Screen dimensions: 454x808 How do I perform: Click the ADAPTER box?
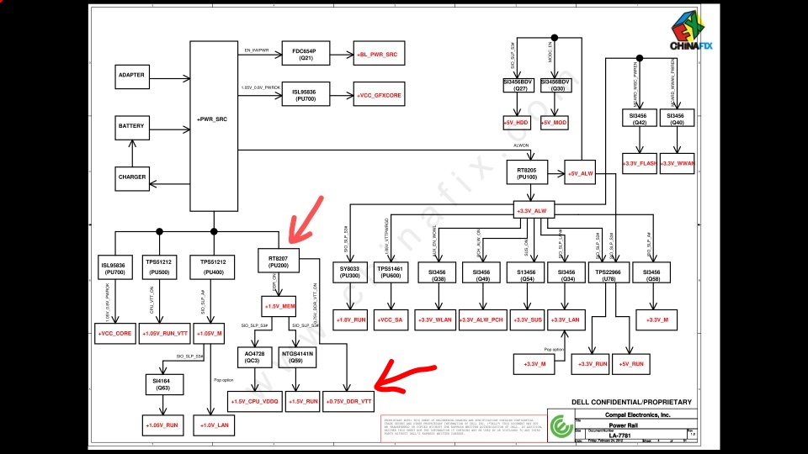pyautogui.click(x=131, y=76)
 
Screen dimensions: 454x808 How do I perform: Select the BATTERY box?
pyautogui.click(x=131, y=126)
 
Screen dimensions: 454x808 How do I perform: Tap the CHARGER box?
pyautogui.click(x=131, y=177)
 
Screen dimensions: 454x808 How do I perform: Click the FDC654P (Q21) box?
pyautogui.click(x=303, y=55)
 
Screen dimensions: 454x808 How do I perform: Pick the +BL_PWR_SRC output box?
pyautogui.click(x=378, y=55)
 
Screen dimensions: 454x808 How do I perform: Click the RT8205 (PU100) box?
pyautogui.click(x=528, y=174)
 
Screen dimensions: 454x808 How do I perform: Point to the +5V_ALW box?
pyautogui.click(x=581, y=174)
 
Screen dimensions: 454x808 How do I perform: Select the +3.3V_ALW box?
pyautogui.click(x=536, y=210)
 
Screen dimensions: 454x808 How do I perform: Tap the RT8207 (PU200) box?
pyautogui.click(x=279, y=261)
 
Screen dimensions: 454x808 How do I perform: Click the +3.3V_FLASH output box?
pyautogui.click(x=639, y=162)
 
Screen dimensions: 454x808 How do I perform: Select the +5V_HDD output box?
pyautogui.click(x=515, y=123)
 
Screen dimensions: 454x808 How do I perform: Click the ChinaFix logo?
pyautogui.click(x=691, y=34)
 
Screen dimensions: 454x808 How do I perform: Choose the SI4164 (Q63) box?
pyautogui.click(x=162, y=384)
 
